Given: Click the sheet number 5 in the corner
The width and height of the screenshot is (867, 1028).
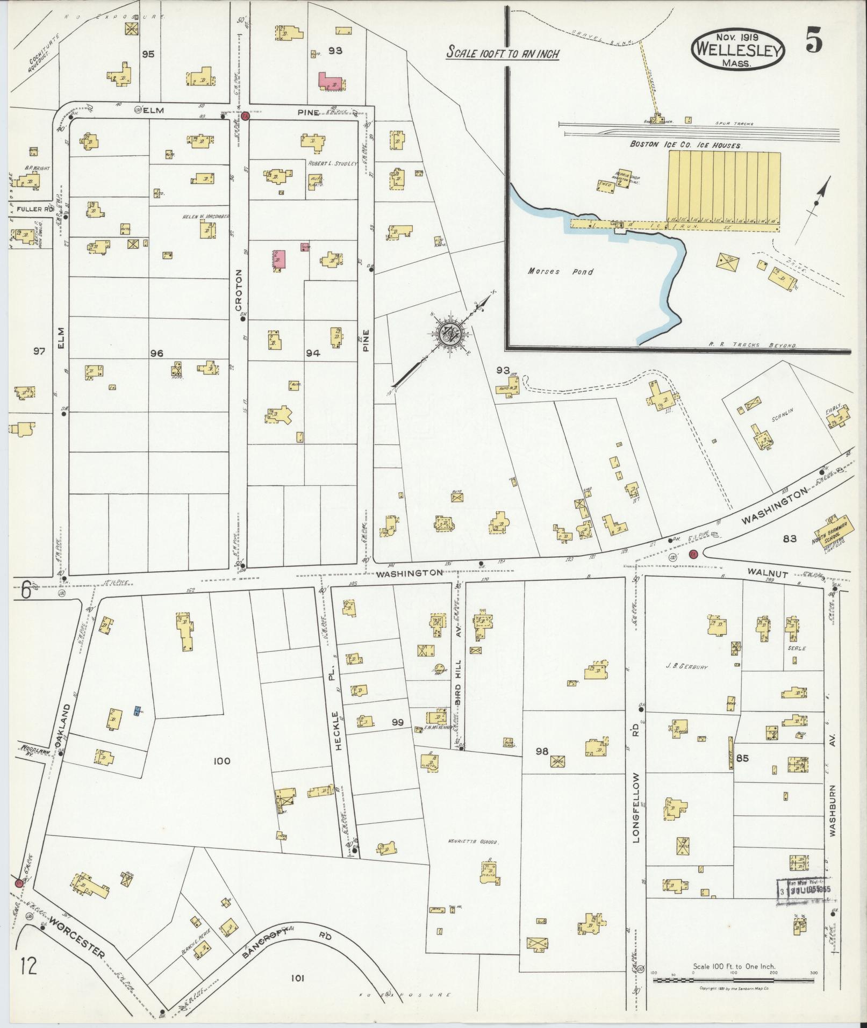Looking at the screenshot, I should pyautogui.click(x=814, y=42).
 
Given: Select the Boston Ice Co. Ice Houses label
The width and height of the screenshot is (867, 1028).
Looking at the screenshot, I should pyautogui.click(x=686, y=145).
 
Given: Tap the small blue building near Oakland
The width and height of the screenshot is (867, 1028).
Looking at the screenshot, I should pyautogui.click(x=137, y=710).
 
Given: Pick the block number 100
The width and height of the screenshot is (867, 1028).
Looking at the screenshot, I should pyautogui.click(x=221, y=761).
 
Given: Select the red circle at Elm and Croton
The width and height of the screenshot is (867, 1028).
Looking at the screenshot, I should pyautogui.click(x=245, y=116).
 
